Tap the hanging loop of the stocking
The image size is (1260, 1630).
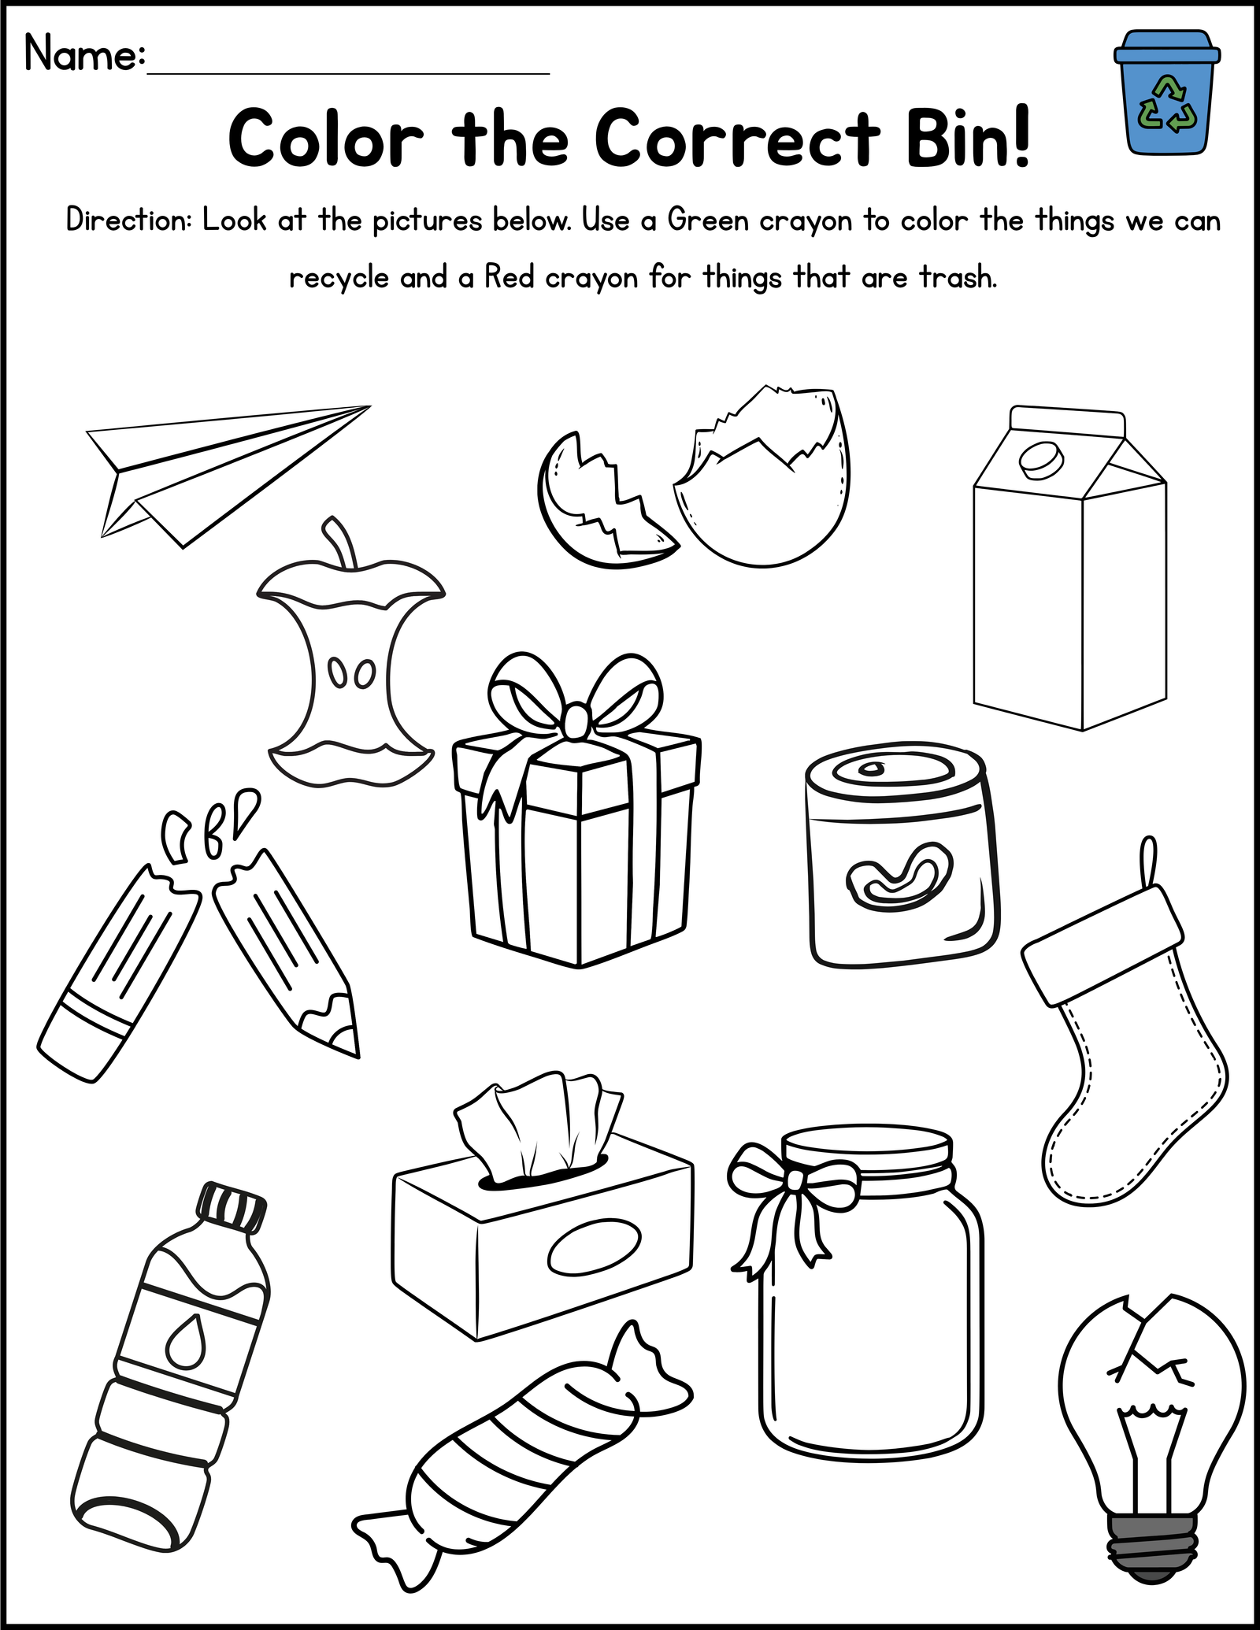[1151, 863]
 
